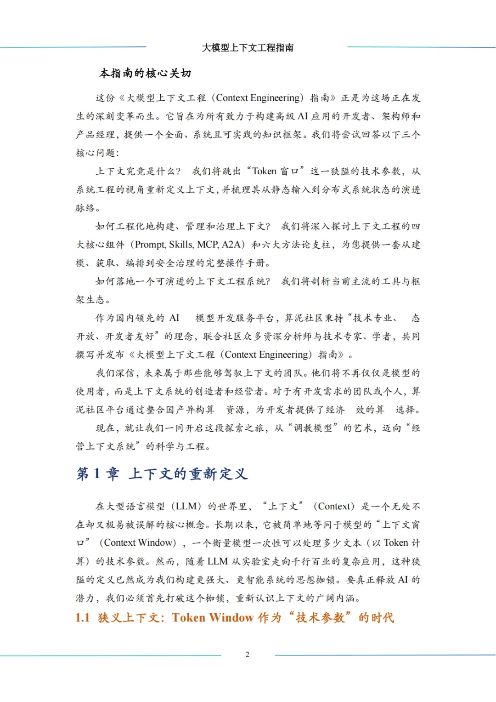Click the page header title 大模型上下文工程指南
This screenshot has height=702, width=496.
click(x=248, y=48)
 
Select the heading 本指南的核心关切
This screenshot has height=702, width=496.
click(x=145, y=73)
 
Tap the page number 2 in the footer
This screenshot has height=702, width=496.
click(x=248, y=655)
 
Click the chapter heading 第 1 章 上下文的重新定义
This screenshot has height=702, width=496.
click(x=162, y=474)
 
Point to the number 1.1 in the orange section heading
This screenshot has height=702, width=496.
click(x=83, y=617)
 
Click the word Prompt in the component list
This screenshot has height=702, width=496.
click(x=150, y=245)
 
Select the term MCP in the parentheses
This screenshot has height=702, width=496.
click(x=208, y=245)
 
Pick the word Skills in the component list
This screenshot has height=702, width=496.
click(x=181, y=245)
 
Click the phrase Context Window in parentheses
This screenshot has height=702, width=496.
click(x=140, y=543)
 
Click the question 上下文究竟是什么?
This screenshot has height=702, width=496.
click(x=138, y=171)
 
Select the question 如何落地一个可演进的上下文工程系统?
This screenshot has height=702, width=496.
click(x=183, y=281)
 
